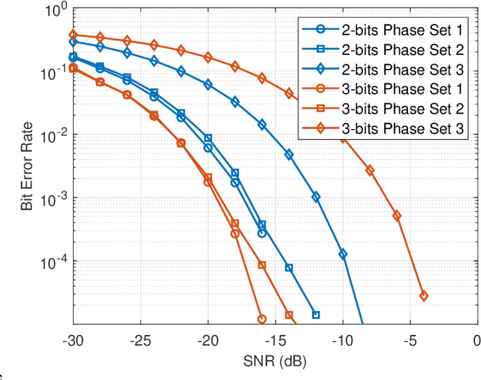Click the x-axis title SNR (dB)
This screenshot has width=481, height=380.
coord(275,361)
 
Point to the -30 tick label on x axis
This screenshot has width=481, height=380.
coord(73,339)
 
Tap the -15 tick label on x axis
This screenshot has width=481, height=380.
coord(275,339)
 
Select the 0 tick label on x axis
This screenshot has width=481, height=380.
coord(477,339)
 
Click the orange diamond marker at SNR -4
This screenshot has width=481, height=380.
coord(424,296)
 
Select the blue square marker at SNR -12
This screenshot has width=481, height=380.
coord(316,315)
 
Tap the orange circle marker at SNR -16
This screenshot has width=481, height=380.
coord(262,319)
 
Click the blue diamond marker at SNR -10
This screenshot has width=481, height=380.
coord(343,255)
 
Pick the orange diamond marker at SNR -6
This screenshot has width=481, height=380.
coord(397,216)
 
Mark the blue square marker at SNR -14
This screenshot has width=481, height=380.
coord(289,268)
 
